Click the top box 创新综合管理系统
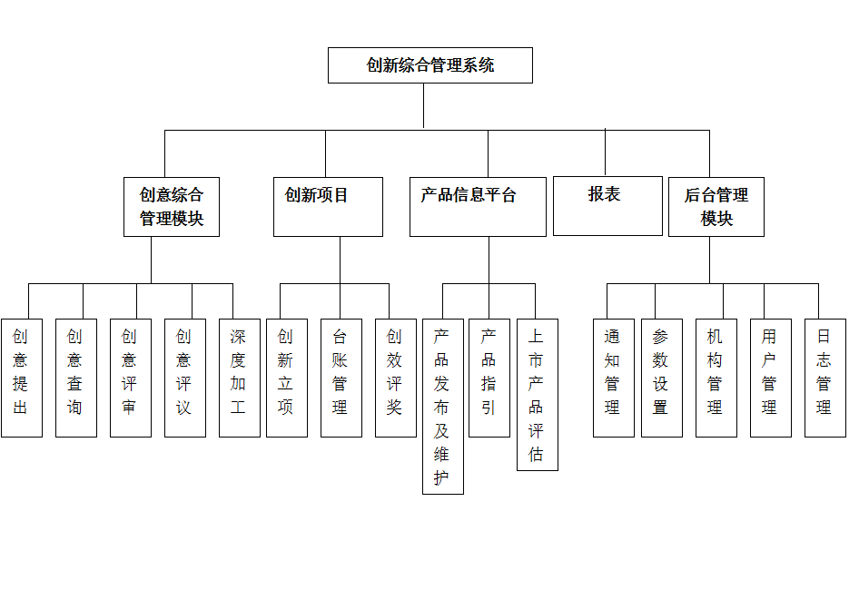[429, 65]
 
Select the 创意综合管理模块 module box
[172, 207]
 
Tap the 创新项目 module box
[328, 207]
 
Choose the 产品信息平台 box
[478, 207]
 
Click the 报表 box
[607, 206]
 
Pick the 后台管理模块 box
[716, 207]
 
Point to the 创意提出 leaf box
[22, 378]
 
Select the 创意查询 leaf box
[76, 378]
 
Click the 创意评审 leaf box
[131, 378]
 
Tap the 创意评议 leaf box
[185, 378]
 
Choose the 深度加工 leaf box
[239, 378]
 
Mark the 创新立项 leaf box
[287, 378]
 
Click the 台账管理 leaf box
[341, 378]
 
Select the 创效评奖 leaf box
[396, 378]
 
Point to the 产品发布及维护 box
[443, 407]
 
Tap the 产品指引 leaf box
[489, 378]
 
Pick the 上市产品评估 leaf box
[538, 395]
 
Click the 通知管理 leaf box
[614, 378]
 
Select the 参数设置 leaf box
[662, 378]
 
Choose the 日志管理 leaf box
[825, 378]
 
